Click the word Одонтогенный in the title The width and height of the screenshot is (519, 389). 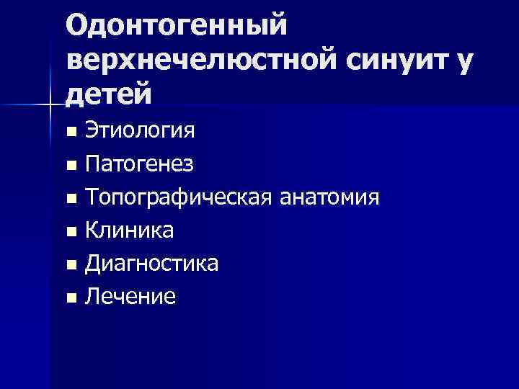176,25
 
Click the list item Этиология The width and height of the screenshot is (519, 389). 139,131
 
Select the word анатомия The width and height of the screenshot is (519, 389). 327,197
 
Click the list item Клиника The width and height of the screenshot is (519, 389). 129,230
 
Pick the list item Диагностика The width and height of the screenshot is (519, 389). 151,263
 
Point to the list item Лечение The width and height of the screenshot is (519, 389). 130,295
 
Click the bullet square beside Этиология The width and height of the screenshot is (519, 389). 70,133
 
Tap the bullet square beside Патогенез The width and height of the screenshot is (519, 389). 70,166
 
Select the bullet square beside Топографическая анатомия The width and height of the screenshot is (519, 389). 70,198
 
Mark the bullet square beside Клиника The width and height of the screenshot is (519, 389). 70,231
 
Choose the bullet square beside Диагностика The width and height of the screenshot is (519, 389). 70,264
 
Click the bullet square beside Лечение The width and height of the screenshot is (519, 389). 70,297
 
